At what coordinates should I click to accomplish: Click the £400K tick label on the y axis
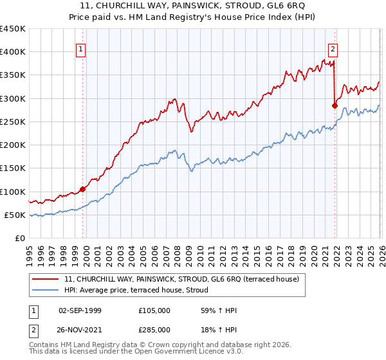click(13, 52)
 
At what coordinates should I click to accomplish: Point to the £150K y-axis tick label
click(13, 168)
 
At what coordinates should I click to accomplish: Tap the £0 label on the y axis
click(20, 239)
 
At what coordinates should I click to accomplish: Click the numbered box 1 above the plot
click(82, 48)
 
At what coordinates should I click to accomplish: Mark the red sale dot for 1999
click(82, 189)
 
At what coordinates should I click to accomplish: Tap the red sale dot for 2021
click(335, 105)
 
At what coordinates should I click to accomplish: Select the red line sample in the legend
click(46, 279)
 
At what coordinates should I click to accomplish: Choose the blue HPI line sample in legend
click(46, 291)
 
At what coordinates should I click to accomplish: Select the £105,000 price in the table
click(154, 310)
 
